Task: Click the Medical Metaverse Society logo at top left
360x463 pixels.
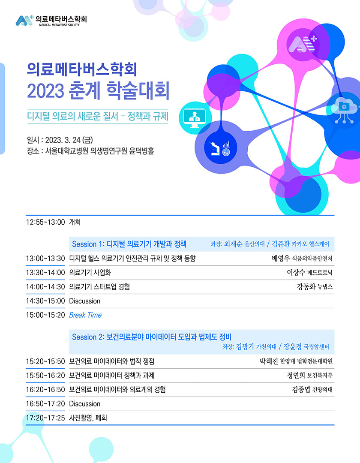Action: (x=51, y=21)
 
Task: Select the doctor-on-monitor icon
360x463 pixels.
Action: (x=195, y=118)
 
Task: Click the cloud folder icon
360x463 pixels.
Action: (x=344, y=110)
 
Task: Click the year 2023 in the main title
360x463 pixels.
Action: (x=45, y=90)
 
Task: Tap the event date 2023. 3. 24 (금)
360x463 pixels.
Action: (x=69, y=140)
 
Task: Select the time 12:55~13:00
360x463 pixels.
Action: (x=45, y=222)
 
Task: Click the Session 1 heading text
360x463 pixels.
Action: (x=129, y=244)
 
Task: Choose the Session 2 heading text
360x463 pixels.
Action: (x=152, y=337)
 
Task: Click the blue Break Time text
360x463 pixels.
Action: (x=85, y=315)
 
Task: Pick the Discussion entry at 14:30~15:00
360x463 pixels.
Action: (x=85, y=301)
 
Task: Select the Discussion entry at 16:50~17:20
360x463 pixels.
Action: (x=85, y=404)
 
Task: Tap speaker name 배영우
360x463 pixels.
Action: (x=281, y=259)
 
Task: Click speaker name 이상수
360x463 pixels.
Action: (x=296, y=272)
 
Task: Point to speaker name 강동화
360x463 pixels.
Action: (x=306, y=286)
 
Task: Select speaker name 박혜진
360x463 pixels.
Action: (x=269, y=361)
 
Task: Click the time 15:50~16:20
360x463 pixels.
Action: (x=45, y=375)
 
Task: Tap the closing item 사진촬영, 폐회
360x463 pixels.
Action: (x=88, y=418)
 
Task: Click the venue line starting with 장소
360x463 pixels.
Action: (x=90, y=151)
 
